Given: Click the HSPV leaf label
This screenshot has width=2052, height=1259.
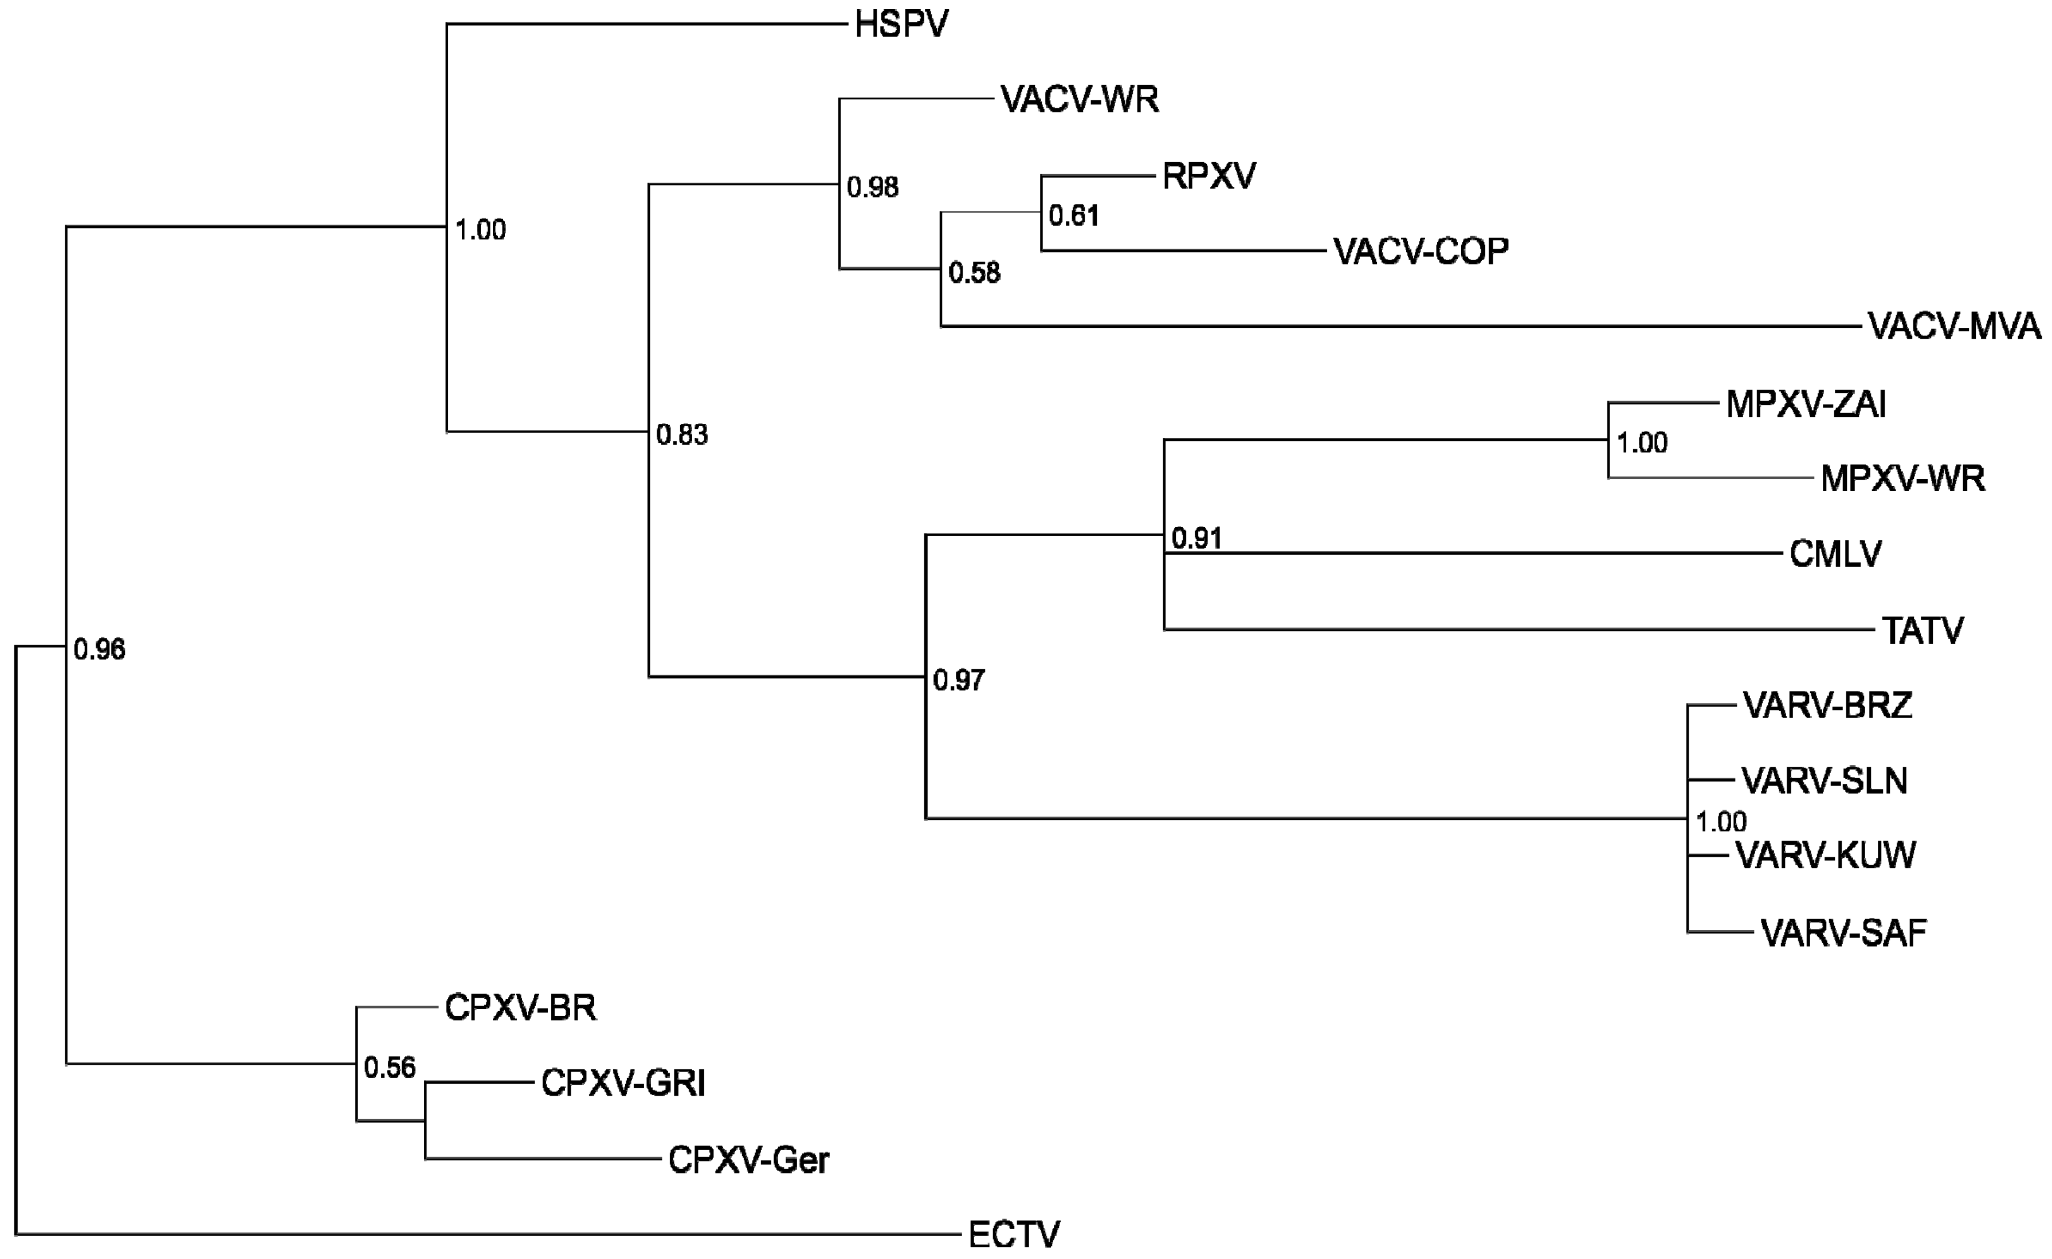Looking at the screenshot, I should click(x=901, y=25).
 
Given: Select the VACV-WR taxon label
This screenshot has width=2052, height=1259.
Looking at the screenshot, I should click(x=1080, y=100).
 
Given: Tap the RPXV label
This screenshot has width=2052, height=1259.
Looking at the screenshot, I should click(x=1209, y=177).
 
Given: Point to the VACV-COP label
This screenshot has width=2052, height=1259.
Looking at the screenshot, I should click(x=1421, y=252).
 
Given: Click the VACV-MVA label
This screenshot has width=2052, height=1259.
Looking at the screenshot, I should click(x=1954, y=327).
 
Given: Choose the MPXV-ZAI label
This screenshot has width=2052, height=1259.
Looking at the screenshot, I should click(x=1806, y=405).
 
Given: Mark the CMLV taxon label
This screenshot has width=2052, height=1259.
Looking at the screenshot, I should click(x=1835, y=554).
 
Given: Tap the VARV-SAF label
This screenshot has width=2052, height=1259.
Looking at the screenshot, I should click(x=1844, y=934).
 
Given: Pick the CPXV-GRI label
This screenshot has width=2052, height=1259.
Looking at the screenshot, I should click(x=623, y=1083).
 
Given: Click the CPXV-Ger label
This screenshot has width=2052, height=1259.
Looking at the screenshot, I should click(x=748, y=1160).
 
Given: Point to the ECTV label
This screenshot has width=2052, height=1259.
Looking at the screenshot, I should click(x=1014, y=1234).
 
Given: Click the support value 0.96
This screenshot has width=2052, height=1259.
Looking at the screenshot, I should click(x=99, y=649).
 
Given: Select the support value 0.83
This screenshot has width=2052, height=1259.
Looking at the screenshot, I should click(x=682, y=434).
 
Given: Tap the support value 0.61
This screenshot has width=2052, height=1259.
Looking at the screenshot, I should click(x=1073, y=217).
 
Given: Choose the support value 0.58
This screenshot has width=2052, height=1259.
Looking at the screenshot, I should click(x=974, y=273).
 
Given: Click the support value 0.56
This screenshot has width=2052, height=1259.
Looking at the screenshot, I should click(x=390, y=1068).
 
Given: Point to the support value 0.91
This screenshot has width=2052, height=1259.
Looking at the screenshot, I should click(x=1196, y=539).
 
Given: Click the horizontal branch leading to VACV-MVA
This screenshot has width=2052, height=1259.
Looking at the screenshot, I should click(x=1399, y=327).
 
